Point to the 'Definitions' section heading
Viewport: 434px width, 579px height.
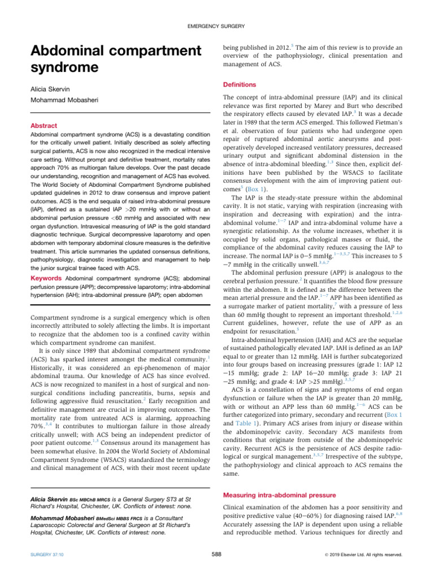pyautogui.click(x=240, y=85)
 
